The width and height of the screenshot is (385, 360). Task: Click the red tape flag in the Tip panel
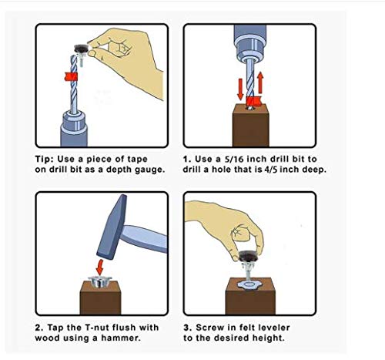(x=71, y=76)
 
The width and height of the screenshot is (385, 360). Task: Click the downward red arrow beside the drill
(x=240, y=89)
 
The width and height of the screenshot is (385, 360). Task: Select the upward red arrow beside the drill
(x=260, y=82)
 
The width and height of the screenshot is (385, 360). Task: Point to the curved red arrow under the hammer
(x=99, y=267)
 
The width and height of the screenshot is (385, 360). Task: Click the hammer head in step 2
(x=112, y=227)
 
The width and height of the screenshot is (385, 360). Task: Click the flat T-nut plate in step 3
(x=248, y=285)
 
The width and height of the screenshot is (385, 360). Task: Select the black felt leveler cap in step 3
(x=247, y=256)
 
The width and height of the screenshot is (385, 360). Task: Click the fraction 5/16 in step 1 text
(x=234, y=159)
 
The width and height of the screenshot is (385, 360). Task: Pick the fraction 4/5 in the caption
(x=270, y=170)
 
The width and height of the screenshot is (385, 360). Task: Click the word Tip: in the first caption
(x=45, y=160)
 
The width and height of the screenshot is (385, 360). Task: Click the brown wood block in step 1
(x=251, y=126)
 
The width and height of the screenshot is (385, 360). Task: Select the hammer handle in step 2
(x=144, y=238)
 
